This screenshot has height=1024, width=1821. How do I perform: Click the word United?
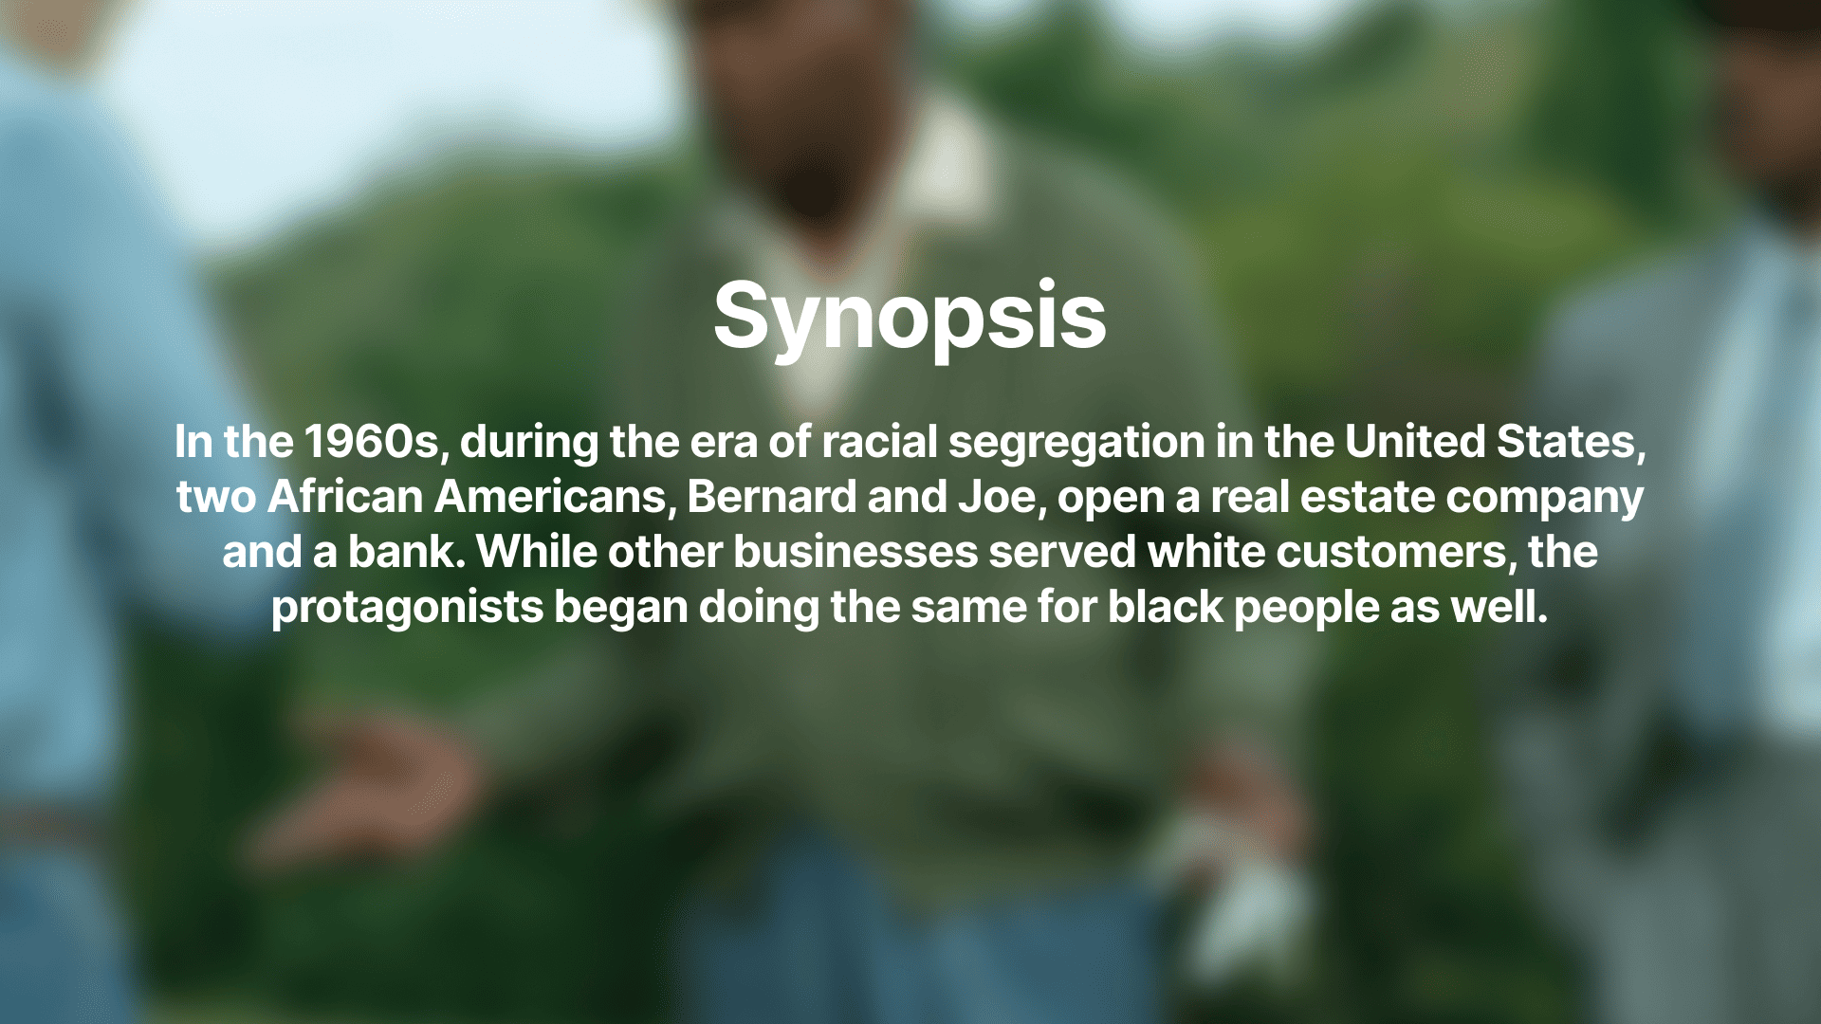coord(1415,442)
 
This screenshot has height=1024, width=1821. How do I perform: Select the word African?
coord(345,497)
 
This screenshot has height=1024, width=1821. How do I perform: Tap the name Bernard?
coord(771,497)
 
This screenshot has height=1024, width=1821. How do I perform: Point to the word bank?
coord(407,552)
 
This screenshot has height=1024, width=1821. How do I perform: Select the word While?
coord(537,552)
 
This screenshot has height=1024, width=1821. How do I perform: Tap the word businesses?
coord(855,552)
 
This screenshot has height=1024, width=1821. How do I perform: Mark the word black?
coord(1166,607)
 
